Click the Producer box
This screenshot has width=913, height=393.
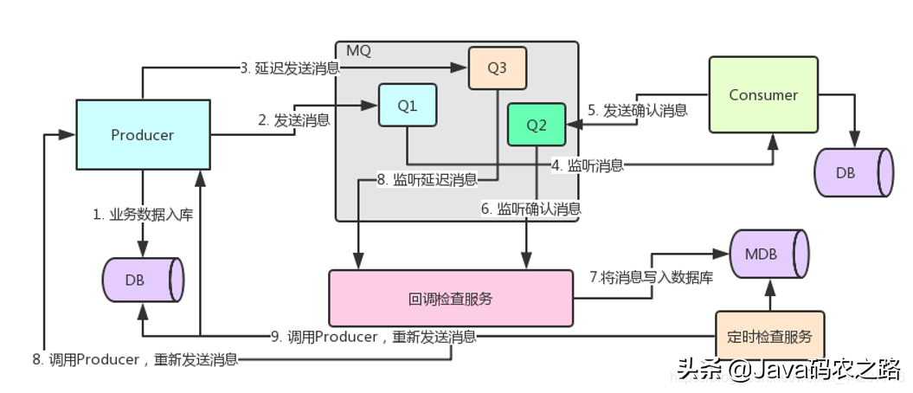143,134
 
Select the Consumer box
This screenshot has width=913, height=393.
762,94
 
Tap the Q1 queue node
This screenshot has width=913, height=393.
408,106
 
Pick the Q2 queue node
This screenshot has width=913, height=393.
537,125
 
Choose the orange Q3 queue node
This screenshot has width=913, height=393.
497,68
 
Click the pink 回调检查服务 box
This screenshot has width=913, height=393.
450,299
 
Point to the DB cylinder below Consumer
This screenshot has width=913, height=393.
852,172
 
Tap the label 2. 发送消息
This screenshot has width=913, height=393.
293,120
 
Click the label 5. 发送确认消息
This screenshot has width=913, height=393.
638,110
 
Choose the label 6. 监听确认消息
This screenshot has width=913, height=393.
530,208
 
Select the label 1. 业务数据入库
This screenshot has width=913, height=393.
143,214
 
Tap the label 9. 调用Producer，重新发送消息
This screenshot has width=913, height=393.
373,336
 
